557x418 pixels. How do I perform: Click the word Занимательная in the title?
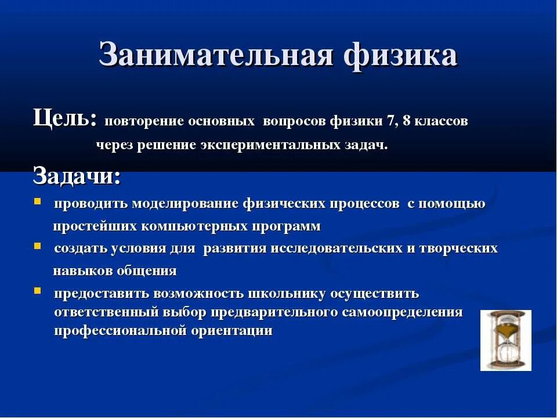coord(216,56)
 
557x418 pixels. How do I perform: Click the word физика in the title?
coord(400,56)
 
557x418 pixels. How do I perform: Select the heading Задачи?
coord(77,175)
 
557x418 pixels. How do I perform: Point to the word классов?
coord(440,121)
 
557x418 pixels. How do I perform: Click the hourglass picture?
coord(505,340)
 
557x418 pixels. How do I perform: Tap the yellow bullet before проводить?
coord(37,202)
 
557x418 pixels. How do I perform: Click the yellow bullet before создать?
coord(37,246)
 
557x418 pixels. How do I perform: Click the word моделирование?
coord(185,204)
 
